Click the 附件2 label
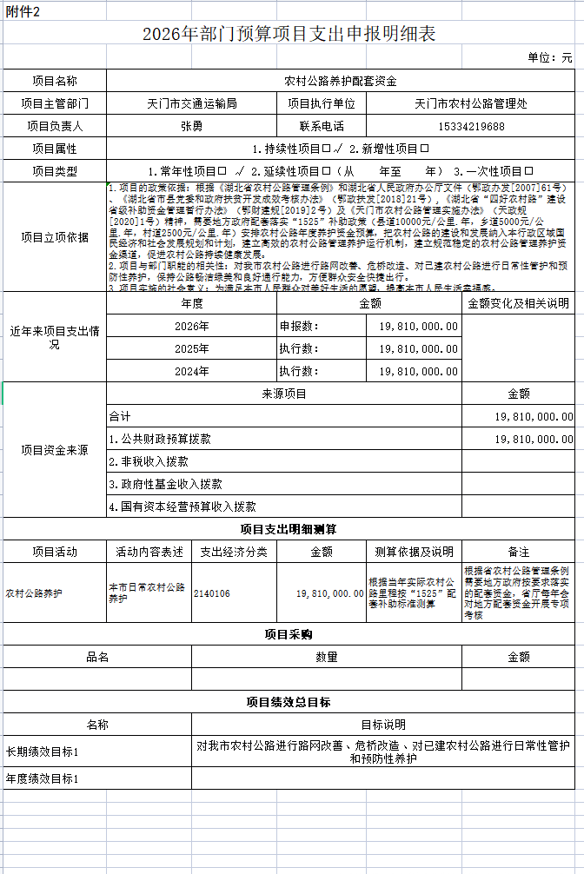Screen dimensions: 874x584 pos(21,10)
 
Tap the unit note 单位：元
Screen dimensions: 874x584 pos(550,58)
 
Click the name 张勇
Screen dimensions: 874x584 pos(191,126)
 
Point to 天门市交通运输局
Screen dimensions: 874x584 pos(191,103)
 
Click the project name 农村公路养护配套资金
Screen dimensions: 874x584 pos(340,81)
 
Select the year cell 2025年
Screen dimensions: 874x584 pos(191,348)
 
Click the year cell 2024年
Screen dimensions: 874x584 pos(191,371)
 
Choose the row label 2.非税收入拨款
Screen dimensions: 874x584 pos(148,461)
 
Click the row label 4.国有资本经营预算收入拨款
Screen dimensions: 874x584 pos(182,507)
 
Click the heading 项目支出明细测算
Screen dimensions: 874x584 pos(289,529)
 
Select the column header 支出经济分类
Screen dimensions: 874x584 pos(234,552)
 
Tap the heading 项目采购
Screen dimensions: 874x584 pos(289,635)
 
